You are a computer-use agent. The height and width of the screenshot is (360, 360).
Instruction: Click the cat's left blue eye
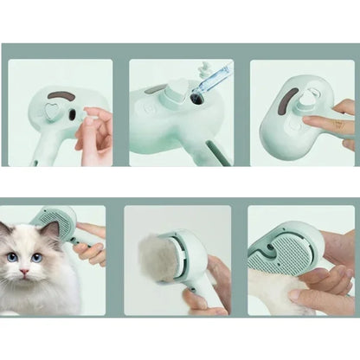pos(12,257)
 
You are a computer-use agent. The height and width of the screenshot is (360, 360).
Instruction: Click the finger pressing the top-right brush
pos(329,124)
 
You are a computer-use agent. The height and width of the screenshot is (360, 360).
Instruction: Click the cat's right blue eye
pos(37,257)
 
